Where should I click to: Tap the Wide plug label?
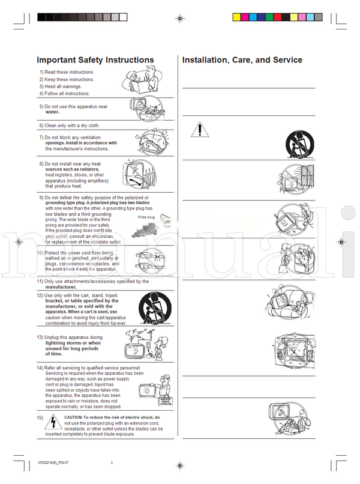pyautogui.click(x=146, y=217)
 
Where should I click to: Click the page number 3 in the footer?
pyautogui.click(x=112, y=462)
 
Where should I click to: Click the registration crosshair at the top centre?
pyautogui.click(x=179, y=19)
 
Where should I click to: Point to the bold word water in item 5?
pyautogui.click(x=52, y=112)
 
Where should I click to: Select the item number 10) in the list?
pyautogui.click(x=40, y=253)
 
